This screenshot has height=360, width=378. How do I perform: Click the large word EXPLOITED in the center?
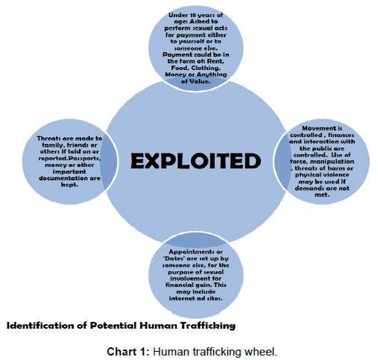(195, 161)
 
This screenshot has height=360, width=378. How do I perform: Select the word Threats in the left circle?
(48, 138)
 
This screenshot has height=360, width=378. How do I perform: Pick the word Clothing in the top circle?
(206, 68)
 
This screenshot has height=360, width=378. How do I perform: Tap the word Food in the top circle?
(180, 68)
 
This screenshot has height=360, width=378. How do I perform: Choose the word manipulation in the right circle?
(333, 162)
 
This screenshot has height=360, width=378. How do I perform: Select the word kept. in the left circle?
(69, 185)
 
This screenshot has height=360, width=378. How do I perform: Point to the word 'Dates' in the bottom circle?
(174, 259)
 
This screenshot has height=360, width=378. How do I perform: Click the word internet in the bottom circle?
(180, 298)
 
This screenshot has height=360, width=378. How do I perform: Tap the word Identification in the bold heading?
(40, 326)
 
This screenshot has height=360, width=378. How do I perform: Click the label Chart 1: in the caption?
(128, 352)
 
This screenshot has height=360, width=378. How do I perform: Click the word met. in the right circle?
(322, 195)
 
